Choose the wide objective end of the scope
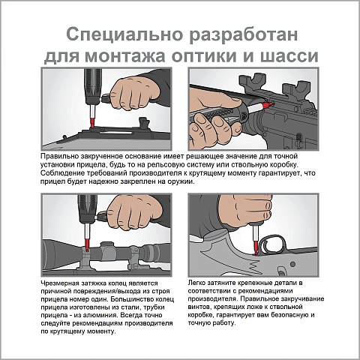(51, 255)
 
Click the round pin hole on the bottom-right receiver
(293, 264)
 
